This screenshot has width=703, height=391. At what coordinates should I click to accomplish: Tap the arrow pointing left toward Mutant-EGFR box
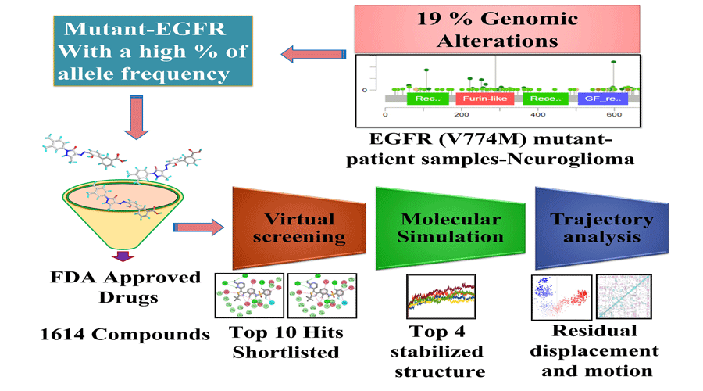pos(312,53)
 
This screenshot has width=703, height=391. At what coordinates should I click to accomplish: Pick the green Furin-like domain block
pos(478,99)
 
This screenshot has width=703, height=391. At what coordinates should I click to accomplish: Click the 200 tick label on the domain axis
pos(462,115)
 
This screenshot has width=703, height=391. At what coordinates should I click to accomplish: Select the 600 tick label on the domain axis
pos(613,115)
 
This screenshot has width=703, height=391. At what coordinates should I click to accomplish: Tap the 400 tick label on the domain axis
pos(537,115)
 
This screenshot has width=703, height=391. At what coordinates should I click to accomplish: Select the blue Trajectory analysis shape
pos(593,227)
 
